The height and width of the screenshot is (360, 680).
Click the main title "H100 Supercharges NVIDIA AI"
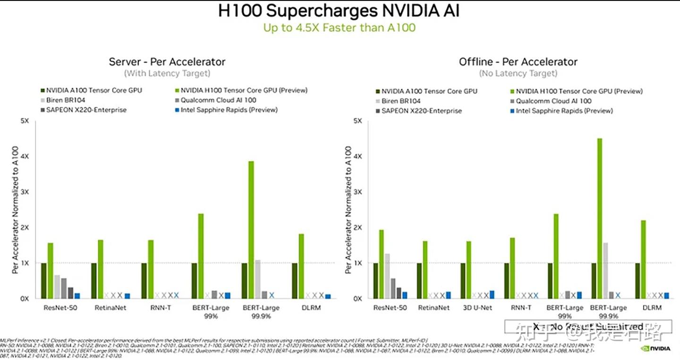pyautogui.click(x=339, y=11)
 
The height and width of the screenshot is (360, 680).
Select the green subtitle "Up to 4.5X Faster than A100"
pyautogui.click(x=339, y=28)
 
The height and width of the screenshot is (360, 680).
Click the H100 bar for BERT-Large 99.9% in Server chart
pyautogui.click(x=251, y=230)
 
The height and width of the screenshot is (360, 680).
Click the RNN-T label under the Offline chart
pyautogui.click(x=521, y=308)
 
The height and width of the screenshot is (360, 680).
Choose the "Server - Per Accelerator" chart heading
pyautogui.click(x=167, y=62)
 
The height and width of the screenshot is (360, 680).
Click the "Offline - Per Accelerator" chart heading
pyautogui.click(x=518, y=62)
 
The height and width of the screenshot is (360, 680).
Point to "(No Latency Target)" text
pyautogui.click(x=518, y=74)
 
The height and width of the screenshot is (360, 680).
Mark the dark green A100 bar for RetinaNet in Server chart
pyautogui.click(x=94, y=281)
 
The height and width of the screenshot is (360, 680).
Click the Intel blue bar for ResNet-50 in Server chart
pyautogui.click(x=77, y=296)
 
